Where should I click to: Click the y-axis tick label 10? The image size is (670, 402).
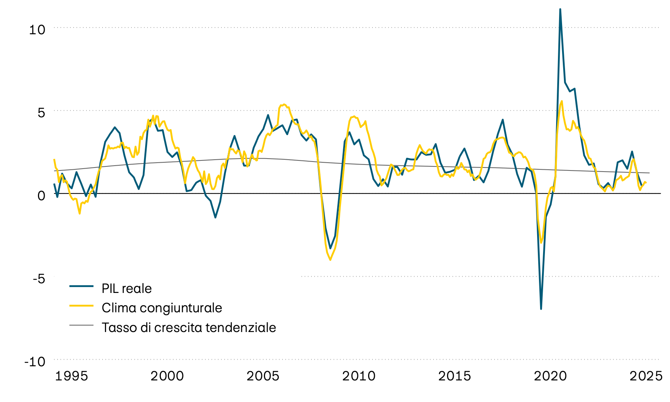point(37,29)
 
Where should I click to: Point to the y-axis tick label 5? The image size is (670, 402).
point(41,112)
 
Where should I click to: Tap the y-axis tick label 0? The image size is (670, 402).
point(41,195)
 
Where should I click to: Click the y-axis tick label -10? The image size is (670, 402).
point(35,361)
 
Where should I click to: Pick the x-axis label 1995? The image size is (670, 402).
point(71,376)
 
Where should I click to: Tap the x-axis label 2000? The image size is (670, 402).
point(167,376)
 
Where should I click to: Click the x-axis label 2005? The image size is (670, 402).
point(263,376)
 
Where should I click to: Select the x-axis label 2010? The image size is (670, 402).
point(359,376)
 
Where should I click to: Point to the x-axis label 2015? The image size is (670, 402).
point(454,376)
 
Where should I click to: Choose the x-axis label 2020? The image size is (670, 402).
point(550,376)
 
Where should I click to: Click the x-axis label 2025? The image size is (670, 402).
point(646,376)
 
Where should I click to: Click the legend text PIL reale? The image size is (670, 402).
point(127,288)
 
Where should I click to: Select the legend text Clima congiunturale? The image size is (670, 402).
point(162,308)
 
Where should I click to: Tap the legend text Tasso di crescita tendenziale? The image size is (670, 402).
point(189,328)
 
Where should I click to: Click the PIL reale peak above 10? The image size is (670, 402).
point(560,9)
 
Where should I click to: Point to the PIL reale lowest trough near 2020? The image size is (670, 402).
point(541,309)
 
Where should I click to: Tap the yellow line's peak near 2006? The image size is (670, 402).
point(284,105)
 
